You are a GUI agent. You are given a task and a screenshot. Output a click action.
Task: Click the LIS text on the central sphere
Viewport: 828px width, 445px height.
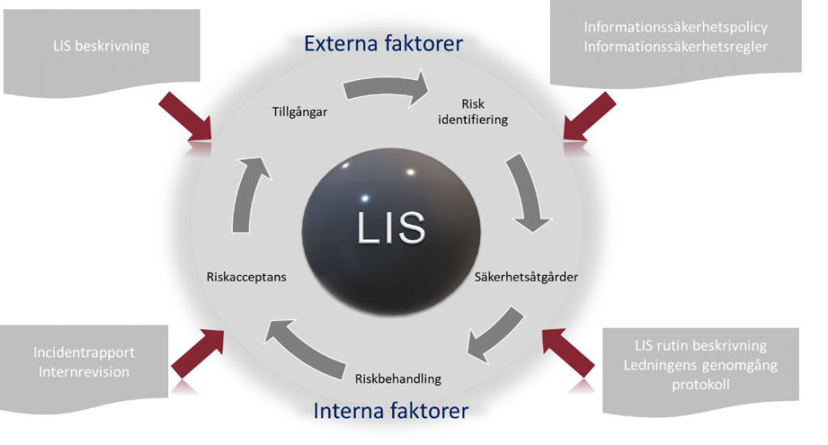pyautogui.click(x=391, y=227)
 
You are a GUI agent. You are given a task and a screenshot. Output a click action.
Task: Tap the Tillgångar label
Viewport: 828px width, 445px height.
pyautogui.click(x=299, y=112)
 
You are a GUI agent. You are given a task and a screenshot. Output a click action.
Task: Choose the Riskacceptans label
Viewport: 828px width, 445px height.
pyautogui.click(x=247, y=277)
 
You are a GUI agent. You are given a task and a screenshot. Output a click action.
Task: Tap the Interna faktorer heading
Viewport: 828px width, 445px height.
pyautogui.click(x=390, y=411)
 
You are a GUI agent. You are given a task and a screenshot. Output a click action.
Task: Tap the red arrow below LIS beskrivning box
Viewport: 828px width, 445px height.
pyautogui.click(x=185, y=117)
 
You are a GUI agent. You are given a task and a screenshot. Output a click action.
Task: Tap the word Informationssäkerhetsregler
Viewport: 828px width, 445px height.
pyautogui.click(x=675, y=47)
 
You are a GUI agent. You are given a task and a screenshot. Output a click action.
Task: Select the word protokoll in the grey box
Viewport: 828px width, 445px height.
pyautogui.click(x=699, y=384)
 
